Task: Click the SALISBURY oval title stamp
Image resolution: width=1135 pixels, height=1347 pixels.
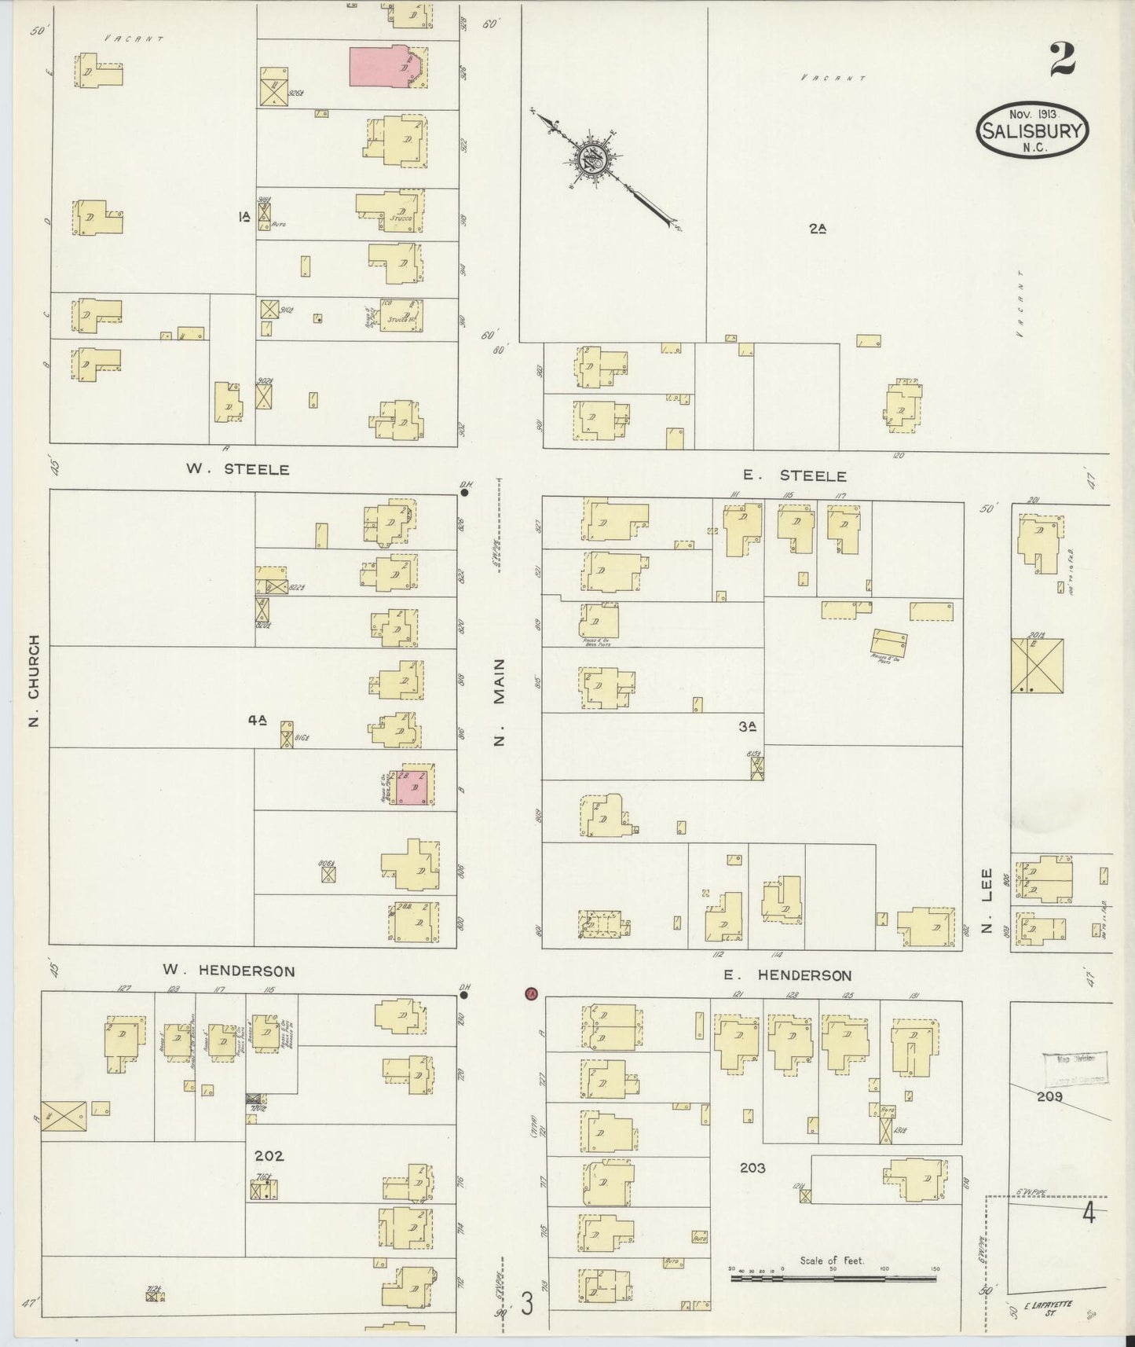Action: coord(1032,130)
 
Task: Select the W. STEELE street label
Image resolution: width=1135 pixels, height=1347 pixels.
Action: coord(237,469)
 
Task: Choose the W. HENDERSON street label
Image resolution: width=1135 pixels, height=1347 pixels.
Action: coord(229,971)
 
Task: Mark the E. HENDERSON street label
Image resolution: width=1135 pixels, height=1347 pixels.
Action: coord(788,975)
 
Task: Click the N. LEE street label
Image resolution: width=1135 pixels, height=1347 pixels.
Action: coord(987,894)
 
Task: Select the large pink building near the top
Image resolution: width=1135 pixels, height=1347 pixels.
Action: coord(386,66)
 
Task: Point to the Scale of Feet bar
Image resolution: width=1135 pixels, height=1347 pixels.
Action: coord(833,1279)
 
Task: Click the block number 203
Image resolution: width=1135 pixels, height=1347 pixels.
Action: coord(752,1169)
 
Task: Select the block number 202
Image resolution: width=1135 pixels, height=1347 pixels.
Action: coord(269,1156)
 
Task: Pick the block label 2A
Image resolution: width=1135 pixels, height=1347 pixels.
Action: coord(818,229)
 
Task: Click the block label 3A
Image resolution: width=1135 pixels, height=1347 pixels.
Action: coord(747,727)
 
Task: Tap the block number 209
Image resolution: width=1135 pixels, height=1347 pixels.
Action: coord(1049,1096)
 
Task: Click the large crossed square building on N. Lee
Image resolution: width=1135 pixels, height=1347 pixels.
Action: coord(1037,666)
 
